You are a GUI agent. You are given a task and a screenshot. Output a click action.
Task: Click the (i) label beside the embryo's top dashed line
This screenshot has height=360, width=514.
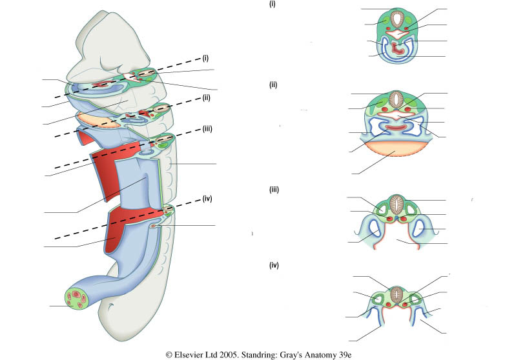(205, 57)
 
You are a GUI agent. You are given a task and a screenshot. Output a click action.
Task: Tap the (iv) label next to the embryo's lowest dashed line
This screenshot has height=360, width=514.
(208, 197)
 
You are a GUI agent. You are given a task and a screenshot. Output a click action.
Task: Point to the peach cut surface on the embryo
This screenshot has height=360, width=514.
(97, 120)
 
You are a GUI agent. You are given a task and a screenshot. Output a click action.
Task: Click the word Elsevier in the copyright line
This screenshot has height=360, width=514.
(192, 354)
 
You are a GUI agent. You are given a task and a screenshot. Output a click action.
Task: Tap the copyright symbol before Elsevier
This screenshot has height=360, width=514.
(169, 354)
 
